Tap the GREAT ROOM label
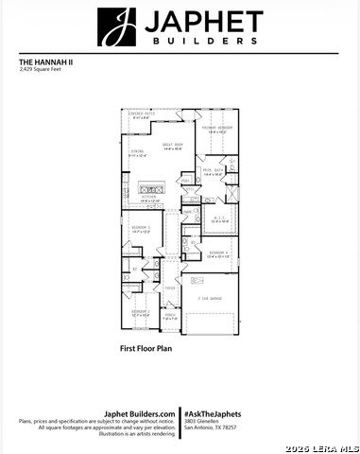click(x=172, y=145)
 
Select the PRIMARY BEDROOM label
click(x=216, y=129)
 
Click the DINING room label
click(x=137, y=153)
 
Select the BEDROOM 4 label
click(x=218, y=253)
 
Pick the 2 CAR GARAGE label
click(x=210, y=299)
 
